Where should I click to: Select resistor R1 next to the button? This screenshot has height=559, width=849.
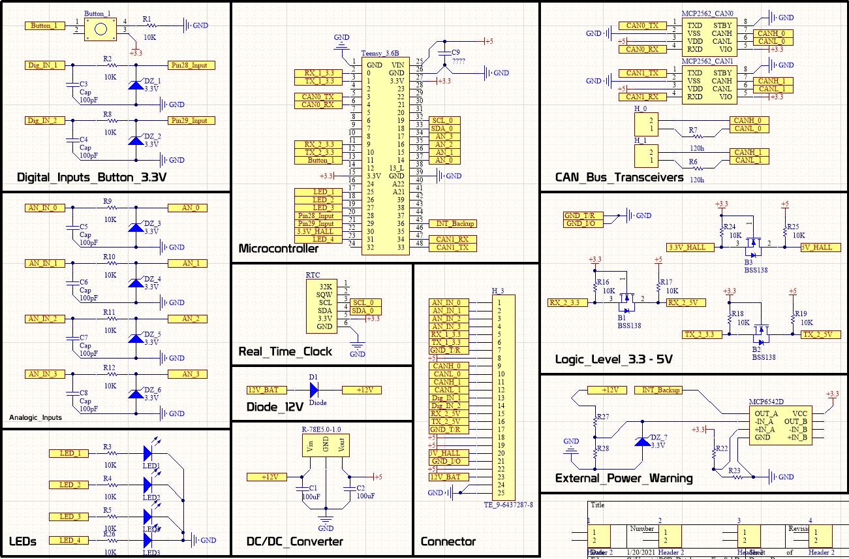tap(147, 26)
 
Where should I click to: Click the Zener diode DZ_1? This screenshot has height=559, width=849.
tap(135, 84)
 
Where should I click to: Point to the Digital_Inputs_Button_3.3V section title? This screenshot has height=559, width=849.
tap(91, 177)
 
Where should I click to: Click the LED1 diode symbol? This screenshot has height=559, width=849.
tap(147, 453)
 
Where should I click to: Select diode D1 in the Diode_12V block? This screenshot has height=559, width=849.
tap(314, 390)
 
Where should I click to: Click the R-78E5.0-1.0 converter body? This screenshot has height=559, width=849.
tap(324, 447)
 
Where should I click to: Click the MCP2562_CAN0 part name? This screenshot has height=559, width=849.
tap(707, 13)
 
